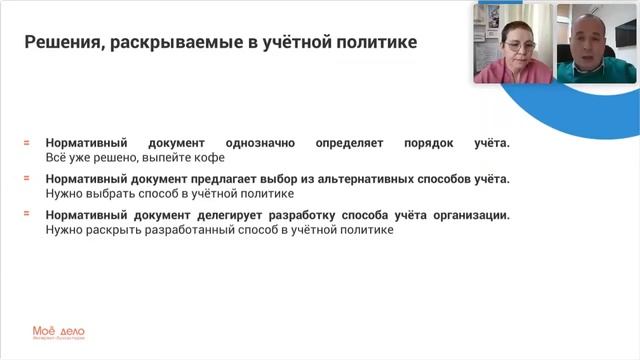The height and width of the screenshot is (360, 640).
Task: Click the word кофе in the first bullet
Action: [207, 157]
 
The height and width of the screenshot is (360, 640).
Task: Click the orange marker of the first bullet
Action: [27, 143]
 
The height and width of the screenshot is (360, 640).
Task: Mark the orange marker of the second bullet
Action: [27, 179]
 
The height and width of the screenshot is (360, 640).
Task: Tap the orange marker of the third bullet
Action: [27, 215]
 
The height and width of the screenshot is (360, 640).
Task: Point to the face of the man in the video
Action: [591, 36]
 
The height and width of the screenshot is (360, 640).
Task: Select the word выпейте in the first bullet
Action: [164, 157]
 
